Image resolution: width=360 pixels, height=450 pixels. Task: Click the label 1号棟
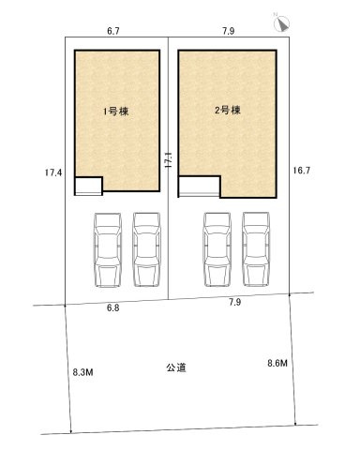115,112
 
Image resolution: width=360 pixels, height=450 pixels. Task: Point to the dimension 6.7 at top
113,32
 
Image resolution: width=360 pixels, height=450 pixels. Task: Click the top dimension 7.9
228,32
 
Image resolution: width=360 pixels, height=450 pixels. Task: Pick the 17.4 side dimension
52,172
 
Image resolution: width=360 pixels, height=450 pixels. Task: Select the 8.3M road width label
83,372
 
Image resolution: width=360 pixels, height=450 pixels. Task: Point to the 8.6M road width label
279,363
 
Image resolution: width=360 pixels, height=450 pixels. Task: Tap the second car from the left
145,249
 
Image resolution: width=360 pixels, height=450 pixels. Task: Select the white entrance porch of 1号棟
88,186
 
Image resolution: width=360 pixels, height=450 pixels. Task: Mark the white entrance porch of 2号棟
199,187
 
